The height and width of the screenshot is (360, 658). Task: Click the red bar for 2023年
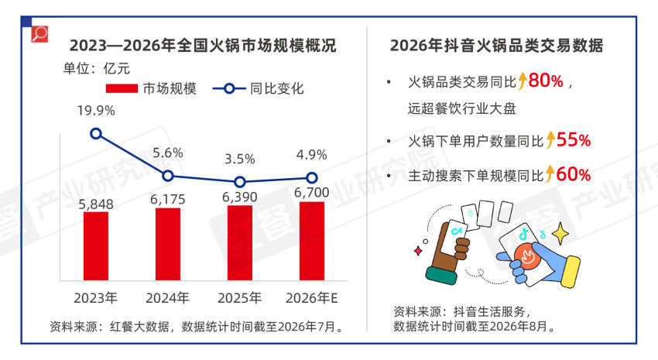96,246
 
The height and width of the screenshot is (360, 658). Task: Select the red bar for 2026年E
312,241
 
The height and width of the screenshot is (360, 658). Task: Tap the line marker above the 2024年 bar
168,176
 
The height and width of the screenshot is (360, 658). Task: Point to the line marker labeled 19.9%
96,134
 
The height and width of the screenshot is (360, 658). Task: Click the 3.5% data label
240,159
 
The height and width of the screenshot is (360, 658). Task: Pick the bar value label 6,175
168,199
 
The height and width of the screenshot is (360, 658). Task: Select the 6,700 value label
312,192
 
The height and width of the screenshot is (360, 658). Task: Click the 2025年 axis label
240,298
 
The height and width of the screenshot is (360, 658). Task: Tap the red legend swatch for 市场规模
122,88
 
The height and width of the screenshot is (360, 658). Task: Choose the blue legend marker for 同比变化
229,88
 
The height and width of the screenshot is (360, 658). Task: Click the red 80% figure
546,81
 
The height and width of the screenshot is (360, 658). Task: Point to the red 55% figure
574,140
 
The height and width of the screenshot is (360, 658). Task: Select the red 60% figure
574,174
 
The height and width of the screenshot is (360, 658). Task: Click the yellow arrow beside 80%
523,81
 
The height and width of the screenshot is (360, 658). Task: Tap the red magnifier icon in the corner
39,34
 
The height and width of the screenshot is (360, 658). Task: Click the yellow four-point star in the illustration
560,233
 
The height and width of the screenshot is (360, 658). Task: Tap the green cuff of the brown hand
440,276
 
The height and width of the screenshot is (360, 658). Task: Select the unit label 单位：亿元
97,68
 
